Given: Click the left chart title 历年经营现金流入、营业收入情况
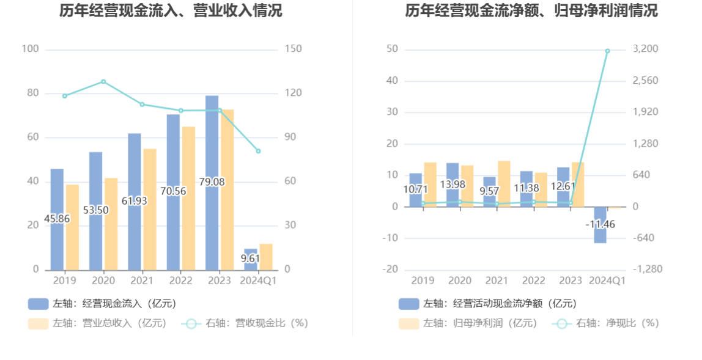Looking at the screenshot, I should (171, 10).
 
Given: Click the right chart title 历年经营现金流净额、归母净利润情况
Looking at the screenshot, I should (531, 10).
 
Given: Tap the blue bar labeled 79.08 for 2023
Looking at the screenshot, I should (212, 153).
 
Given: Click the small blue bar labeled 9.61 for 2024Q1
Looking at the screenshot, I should (250, 259).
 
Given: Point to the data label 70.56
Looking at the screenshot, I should (173, 191).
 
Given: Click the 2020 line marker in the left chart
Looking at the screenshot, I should (103, 81).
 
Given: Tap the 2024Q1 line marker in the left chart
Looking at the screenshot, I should (258, 151).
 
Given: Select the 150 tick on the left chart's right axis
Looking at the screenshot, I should (294, 49).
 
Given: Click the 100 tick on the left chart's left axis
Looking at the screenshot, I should (30, 49).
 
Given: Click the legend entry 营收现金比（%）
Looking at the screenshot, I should (245, 323).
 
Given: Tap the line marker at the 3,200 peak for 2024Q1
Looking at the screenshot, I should (607, 51).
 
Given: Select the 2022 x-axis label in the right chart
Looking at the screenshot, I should (533, 281).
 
